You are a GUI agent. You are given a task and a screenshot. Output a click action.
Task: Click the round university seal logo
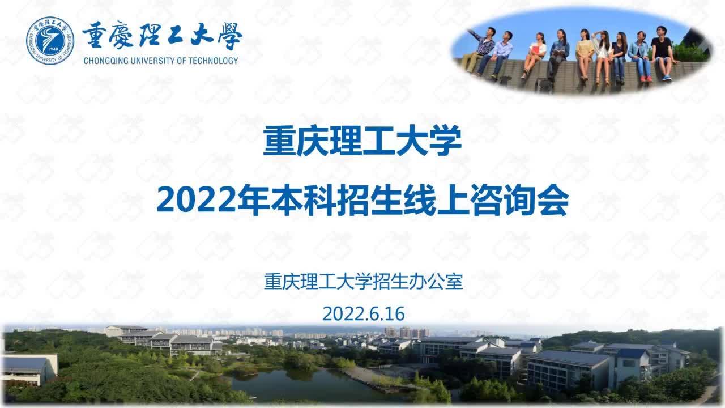click(50, 41)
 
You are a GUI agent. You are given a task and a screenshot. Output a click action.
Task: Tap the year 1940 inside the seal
click(53, 49)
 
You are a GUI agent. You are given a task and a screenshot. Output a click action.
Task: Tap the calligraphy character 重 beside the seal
click(94, 35)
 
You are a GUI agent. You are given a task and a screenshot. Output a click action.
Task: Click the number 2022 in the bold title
click(196, 201)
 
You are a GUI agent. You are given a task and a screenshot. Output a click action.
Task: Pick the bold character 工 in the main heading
click(378, 141)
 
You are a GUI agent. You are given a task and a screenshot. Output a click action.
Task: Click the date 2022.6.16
click(364, 313)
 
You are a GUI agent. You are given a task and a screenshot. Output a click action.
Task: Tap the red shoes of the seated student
click(646, 79)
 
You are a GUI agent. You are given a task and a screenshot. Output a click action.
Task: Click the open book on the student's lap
click(558, 51)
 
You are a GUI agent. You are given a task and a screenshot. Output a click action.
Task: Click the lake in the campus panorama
click(311, 385)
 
